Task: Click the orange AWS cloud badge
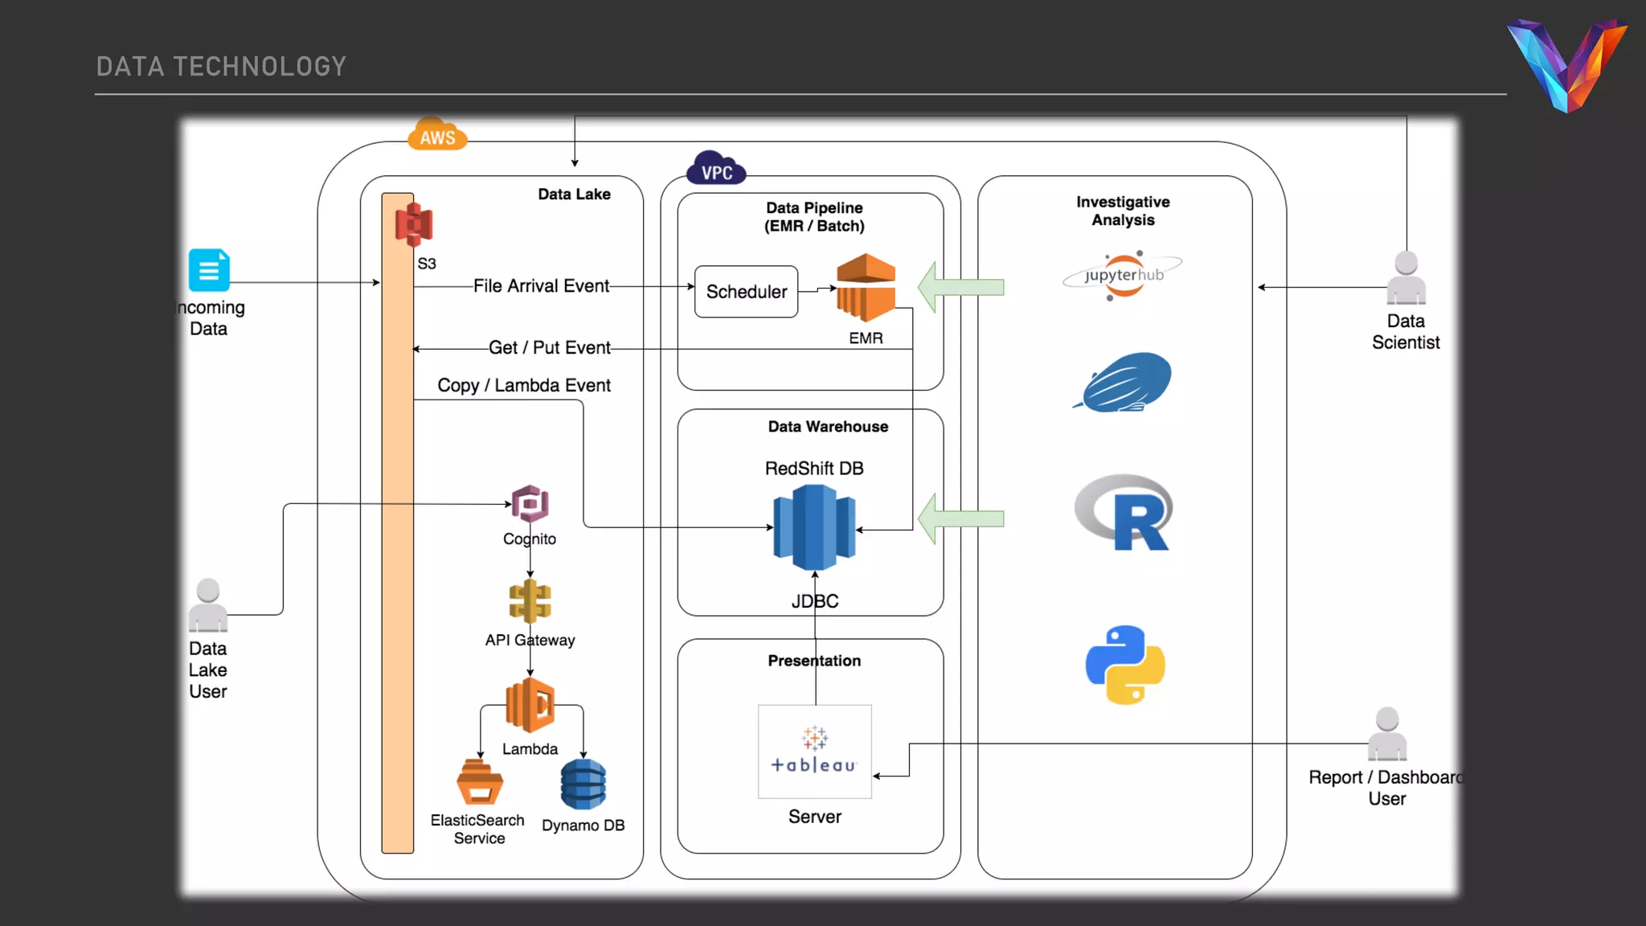(437, 135)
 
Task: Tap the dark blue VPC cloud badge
(716, 169)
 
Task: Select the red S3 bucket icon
(414, 224)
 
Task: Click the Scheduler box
(746, 292)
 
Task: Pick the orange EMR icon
(866, 288)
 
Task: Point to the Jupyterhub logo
(1123, 276)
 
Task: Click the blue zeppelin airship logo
(1124, 383)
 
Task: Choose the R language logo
(1124, 513)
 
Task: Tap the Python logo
(1125, 665)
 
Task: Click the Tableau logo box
(814, 752)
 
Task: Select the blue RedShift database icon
(814, 527)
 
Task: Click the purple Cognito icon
(530, 505)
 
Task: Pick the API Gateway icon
(530, 601)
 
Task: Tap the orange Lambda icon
(530, 705)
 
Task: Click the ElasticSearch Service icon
(480, 782)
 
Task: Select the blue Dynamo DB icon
(583, 785)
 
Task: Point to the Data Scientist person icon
(1406, 278)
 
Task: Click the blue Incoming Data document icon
(209, 270)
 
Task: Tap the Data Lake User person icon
(208, 605)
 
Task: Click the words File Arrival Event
(541, 286)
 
